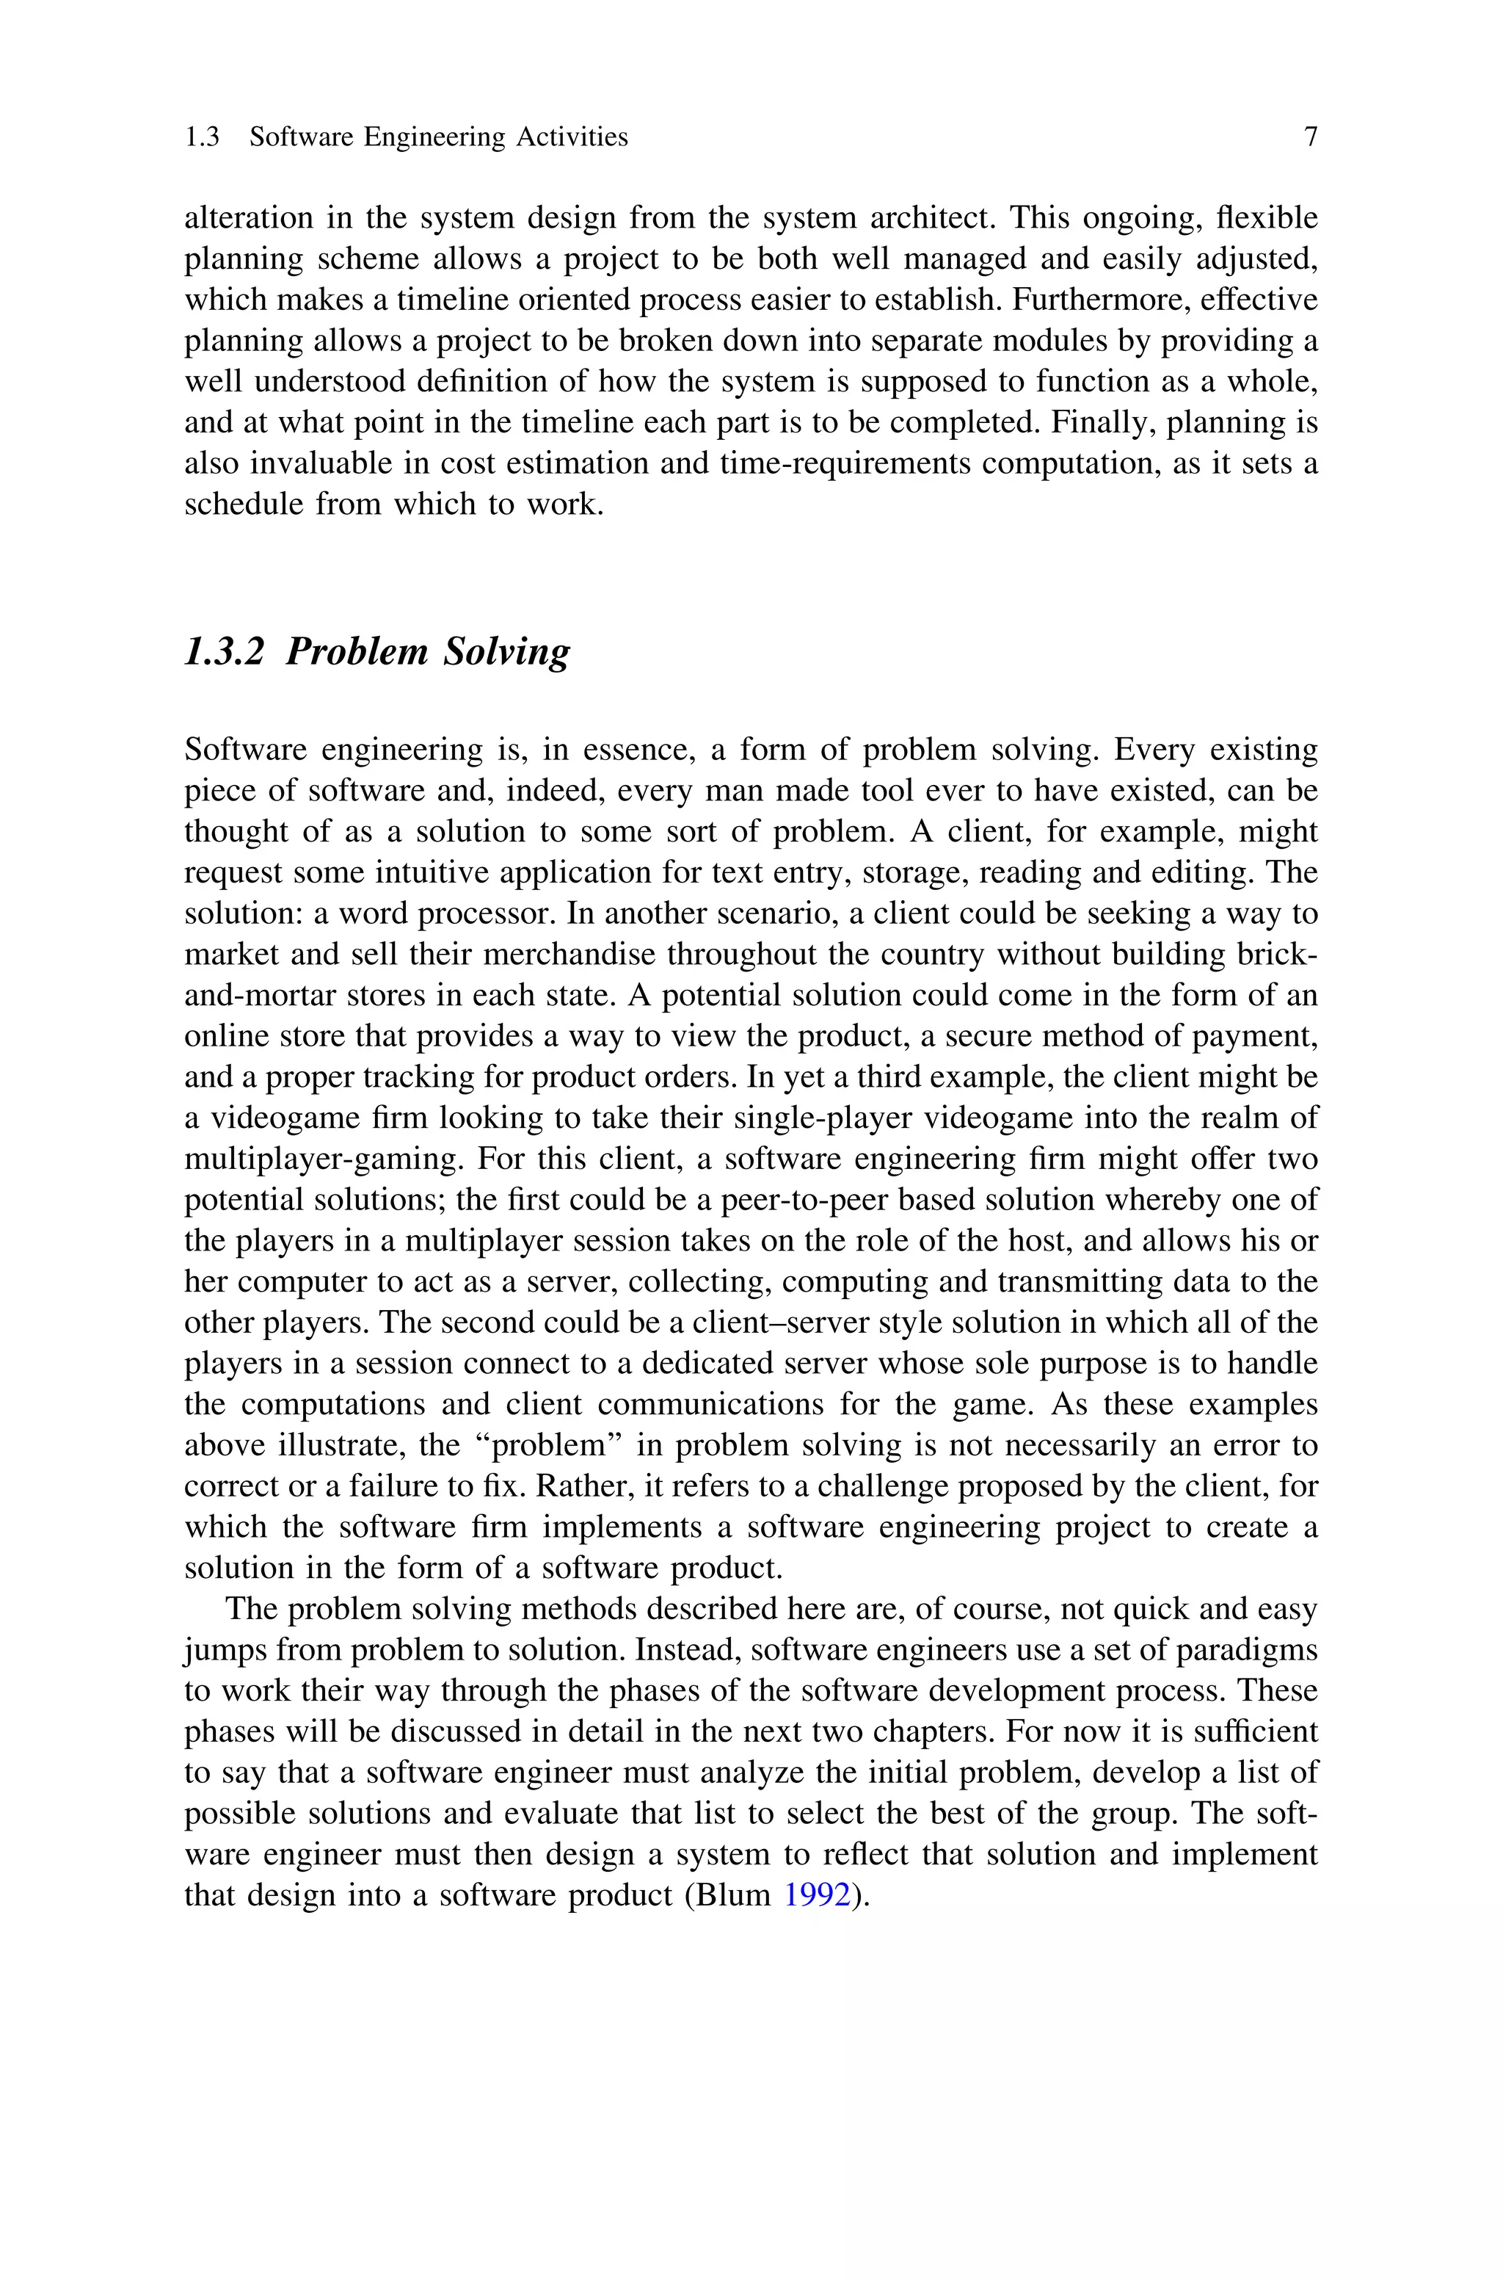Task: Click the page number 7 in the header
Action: [1310, 137]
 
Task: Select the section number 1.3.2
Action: [223, 651]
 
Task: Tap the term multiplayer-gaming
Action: [321, 1160]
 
